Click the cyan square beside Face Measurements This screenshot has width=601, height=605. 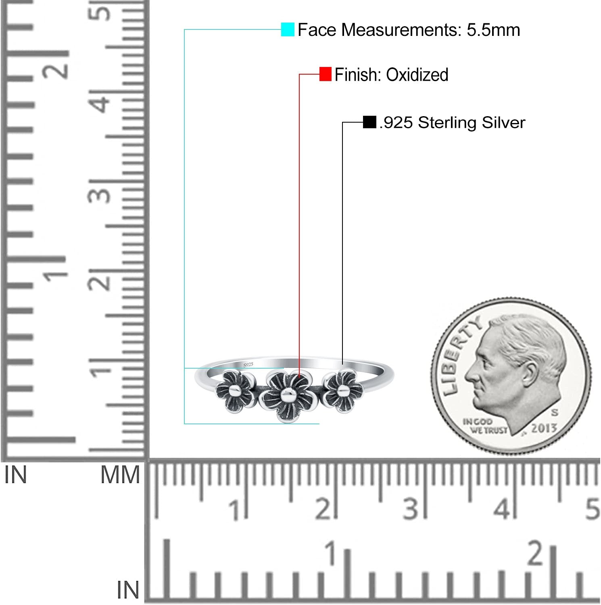coord(288,29)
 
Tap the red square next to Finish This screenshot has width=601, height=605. coord(326,74)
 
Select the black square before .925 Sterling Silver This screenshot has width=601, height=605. coord(369,122)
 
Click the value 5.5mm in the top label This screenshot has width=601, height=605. coord(493,30)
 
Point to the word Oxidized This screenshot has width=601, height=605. coord(417,75)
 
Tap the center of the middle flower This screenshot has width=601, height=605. coord(287,396)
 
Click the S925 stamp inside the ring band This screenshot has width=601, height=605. coord(248,364)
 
